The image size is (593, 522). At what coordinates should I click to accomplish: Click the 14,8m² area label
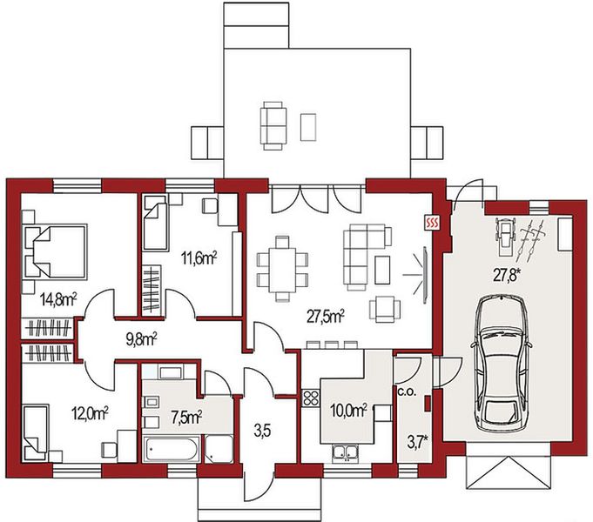[58, 300]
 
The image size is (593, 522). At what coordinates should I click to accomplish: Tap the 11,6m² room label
[199, 259]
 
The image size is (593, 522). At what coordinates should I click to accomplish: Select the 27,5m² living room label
[326, 317]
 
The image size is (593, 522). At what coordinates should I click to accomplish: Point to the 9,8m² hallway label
[141, 339]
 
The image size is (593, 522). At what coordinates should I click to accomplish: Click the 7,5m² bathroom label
[186, 417]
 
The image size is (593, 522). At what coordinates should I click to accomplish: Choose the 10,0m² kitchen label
[348, 410]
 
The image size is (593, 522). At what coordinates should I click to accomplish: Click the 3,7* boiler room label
[417, 442]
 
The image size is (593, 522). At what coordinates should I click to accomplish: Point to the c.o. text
[407, 392]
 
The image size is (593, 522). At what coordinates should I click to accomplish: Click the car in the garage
[501, 364]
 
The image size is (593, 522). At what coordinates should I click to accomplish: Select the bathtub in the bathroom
[172, 449]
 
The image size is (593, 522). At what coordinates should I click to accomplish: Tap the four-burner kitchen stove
[311, 398]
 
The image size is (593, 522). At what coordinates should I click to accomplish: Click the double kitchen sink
[345, 452]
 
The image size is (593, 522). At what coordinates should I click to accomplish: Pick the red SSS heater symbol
[432, 223]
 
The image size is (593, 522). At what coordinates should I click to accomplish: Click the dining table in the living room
[282, 270]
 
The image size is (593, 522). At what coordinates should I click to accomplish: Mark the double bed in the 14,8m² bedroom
[55, 252]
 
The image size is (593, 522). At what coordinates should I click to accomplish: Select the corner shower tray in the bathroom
[219, 449]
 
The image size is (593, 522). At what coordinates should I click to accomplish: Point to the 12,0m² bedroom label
[90, 413]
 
